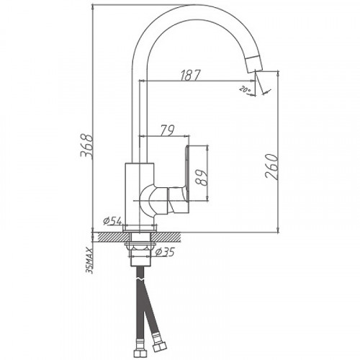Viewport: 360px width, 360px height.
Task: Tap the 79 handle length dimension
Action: point(166,130)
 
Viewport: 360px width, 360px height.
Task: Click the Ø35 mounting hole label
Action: point(166,251)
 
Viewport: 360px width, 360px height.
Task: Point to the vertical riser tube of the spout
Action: point(138,108)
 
